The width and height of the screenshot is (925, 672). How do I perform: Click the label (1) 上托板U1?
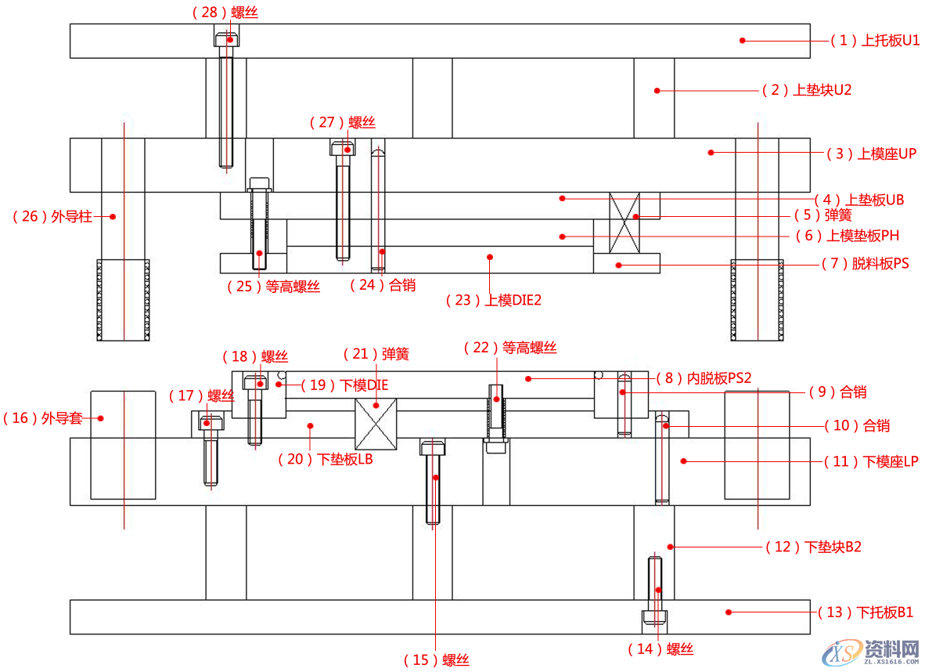coord(875,41)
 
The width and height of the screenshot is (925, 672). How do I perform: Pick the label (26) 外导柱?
coord(52,216)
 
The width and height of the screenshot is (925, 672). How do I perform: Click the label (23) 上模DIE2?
coord(494,300)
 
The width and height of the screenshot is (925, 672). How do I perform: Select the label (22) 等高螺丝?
coord(510,348)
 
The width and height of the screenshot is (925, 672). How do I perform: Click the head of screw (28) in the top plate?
coord(227,37)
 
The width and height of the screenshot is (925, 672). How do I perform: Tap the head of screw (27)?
coord(342,147)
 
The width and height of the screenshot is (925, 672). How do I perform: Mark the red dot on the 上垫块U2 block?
coord(657,91)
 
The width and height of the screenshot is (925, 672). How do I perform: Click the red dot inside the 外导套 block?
coord(101,417)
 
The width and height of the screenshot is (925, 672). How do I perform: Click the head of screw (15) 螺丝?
coord(434,447)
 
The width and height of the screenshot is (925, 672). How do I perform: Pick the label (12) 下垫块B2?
coord(813,547)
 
